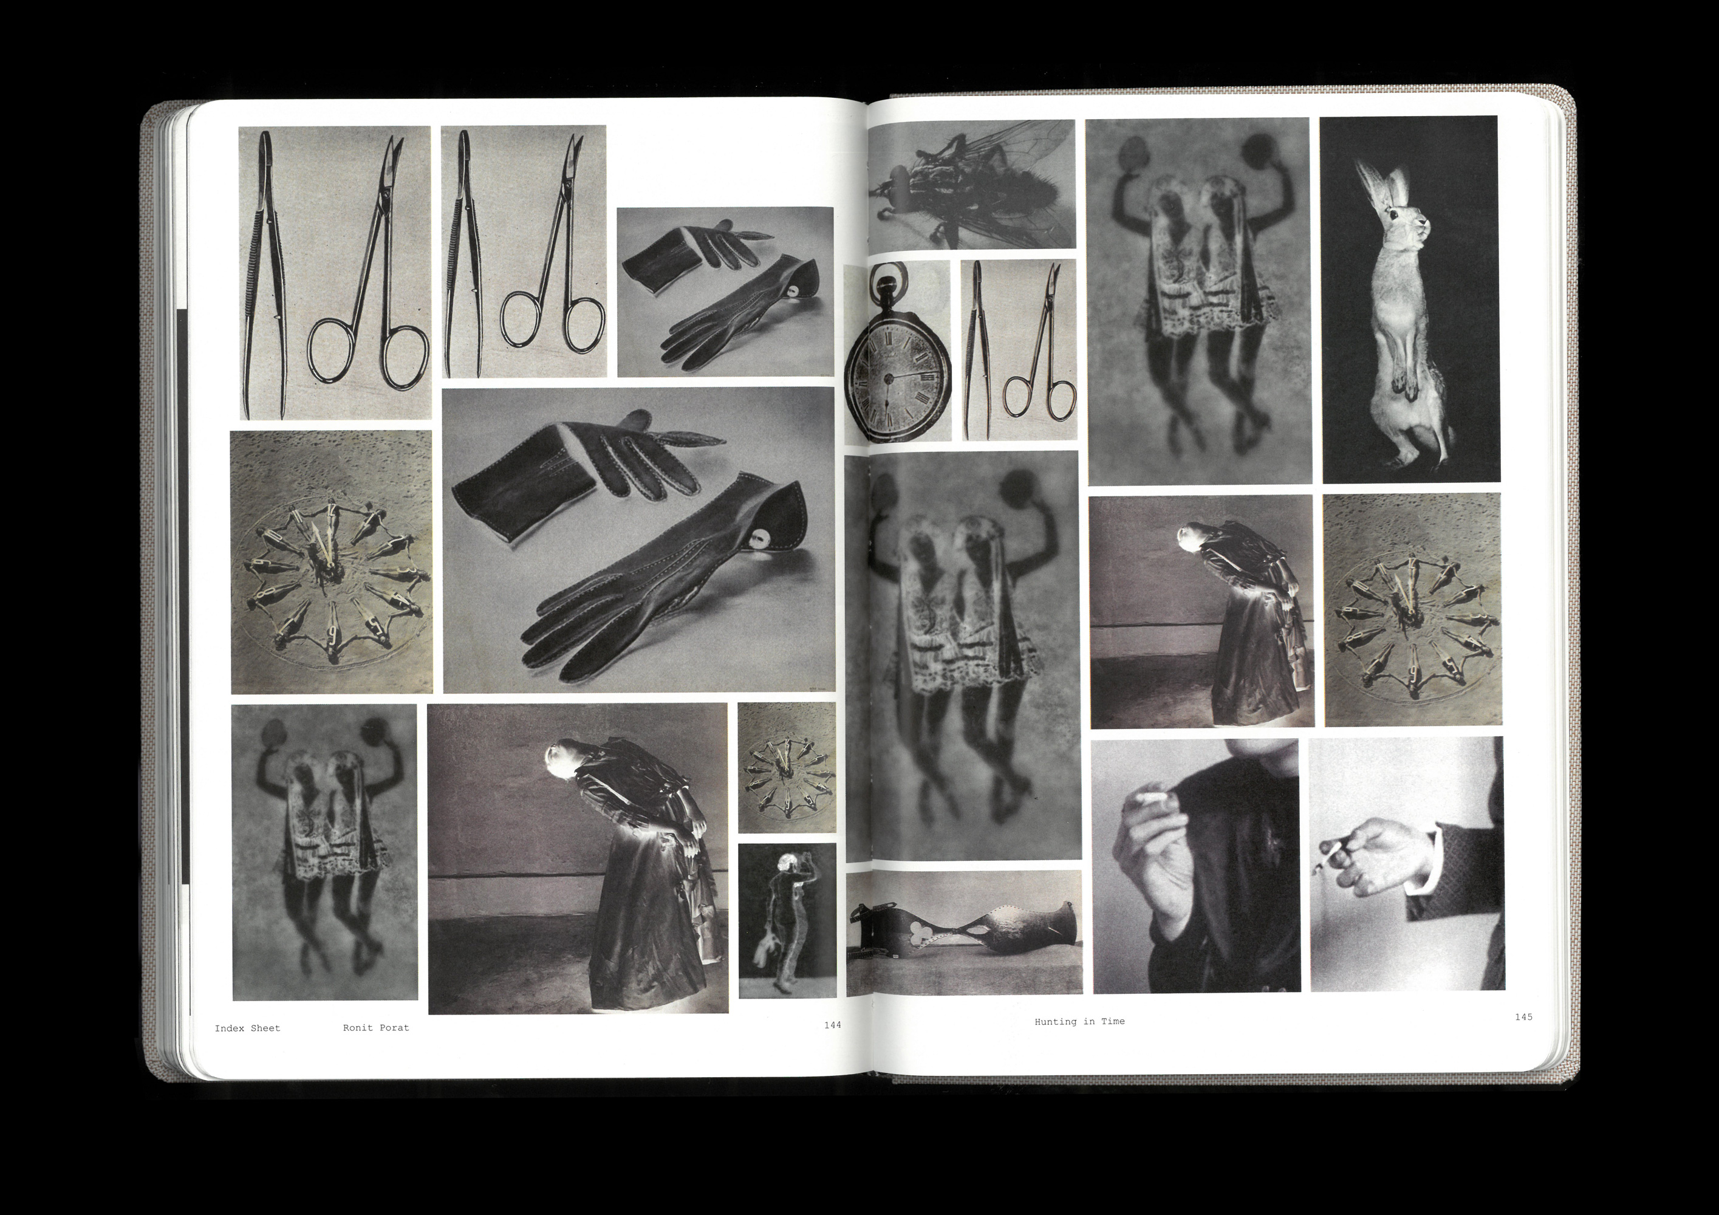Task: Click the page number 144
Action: pyautogui.click(x=833, y=1025)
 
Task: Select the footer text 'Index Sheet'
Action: pyautogui.click(x=247, y=1028)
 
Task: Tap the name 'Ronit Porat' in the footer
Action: pyautogui.click(x=376, y=1028)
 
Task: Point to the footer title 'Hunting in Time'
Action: pyautogui.click(x=1079, y=1021)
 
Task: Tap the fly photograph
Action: pyautogui.click(x=971, y=184)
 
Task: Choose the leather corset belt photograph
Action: pyautogui.click(x=965, y=933)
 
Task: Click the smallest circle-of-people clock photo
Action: pyautogui.click(x=787, y=767)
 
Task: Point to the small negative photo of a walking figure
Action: pyautogui.click(x=787, y=921)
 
